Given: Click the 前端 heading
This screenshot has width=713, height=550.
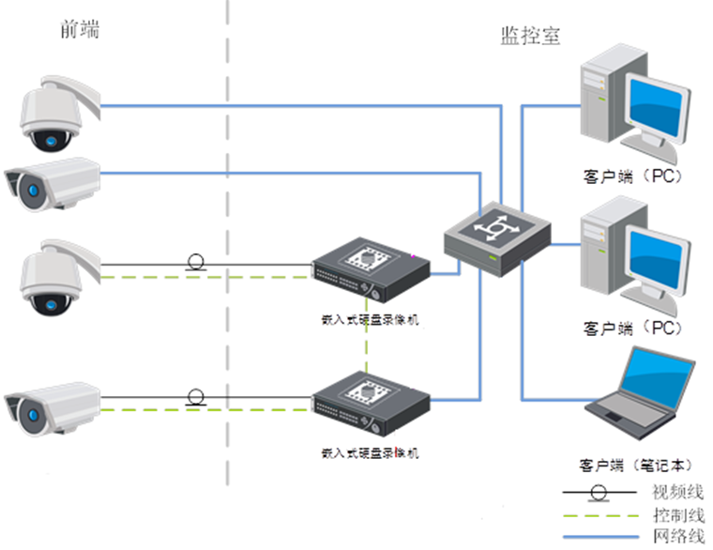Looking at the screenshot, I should [x=77, y=31].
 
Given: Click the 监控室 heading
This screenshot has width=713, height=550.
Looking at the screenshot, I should [x=530, y=36].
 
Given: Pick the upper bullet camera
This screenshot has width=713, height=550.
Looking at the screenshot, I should [x=53, y=182].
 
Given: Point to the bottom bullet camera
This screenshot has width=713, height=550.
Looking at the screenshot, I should [x=53, y=405].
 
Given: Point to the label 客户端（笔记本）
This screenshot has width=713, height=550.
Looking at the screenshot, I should [x=636, y=465].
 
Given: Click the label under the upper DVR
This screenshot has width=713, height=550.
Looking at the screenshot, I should [x=370, y=320].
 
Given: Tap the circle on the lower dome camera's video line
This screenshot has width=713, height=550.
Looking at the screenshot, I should [x=196, y=261].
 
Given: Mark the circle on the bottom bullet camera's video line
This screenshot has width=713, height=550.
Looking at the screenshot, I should [x=196, y=396].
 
